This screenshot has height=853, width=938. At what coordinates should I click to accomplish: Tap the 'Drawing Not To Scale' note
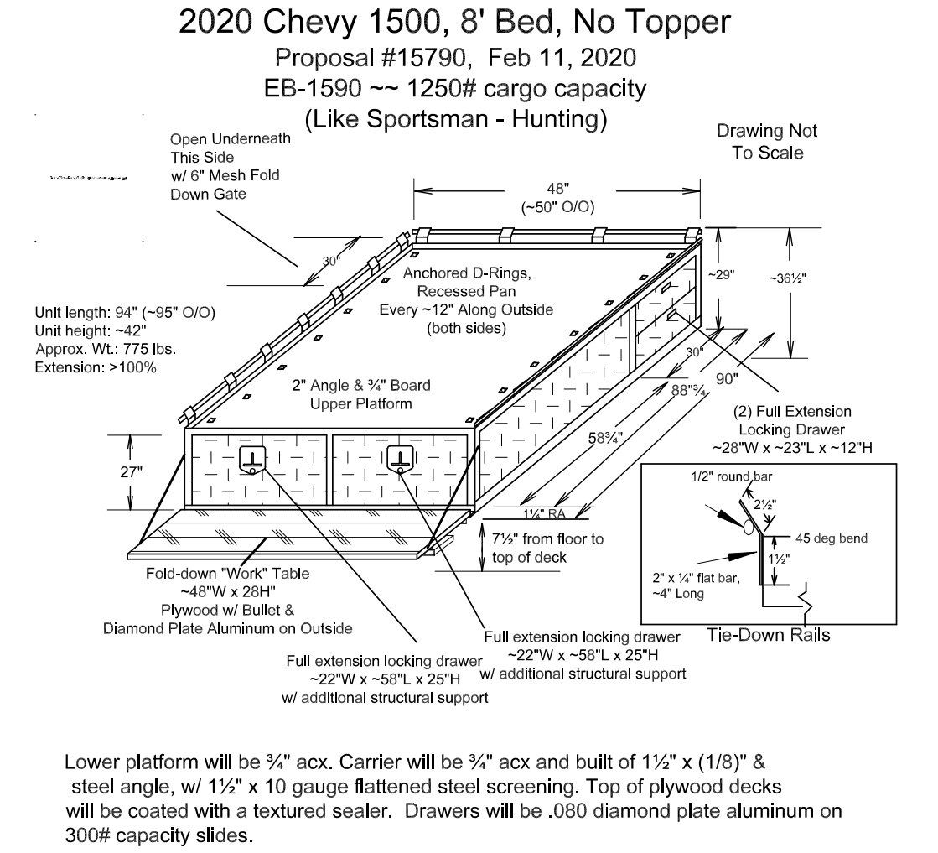pyautogui.click(x=766, y=142)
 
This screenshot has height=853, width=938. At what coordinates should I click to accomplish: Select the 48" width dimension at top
pyautogui.click(x=557, y=191)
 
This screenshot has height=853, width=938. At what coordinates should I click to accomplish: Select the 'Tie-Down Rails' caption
pyautogui.click(x=768, y=634)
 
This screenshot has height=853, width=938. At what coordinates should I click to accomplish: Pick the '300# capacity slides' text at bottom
pyautogui.click(x=158, y=835)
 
